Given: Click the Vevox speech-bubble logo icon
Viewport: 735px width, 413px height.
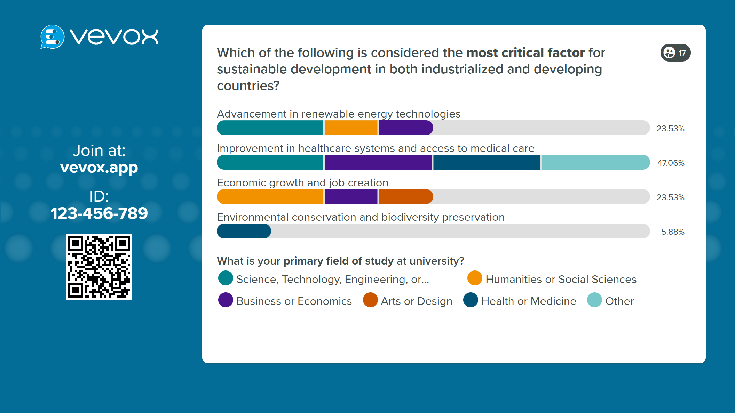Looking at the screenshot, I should coord(52,37).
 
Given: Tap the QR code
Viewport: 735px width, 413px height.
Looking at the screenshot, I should coord(99,267).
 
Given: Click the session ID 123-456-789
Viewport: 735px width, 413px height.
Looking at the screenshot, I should coord(99,213).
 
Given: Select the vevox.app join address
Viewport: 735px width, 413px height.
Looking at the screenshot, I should coord(99,168).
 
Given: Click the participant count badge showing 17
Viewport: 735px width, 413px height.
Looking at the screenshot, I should coord(675,53).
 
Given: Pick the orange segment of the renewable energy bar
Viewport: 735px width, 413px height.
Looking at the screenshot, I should coord(351,128).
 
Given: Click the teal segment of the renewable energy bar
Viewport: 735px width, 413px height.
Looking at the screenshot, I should coord(270,128).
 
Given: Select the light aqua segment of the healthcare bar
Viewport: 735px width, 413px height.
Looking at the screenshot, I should coord(595,162).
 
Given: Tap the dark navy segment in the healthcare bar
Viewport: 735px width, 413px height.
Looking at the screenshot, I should coord(487,162).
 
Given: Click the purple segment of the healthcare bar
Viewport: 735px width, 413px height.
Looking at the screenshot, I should coord(378,162).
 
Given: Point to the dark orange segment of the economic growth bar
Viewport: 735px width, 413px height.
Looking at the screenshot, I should coord(406,197).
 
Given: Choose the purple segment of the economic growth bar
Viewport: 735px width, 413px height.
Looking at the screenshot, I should coord(351,197).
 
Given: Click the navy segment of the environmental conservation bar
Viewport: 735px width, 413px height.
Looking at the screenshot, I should coord(244,231).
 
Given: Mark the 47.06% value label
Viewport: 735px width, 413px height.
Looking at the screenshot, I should coord(671,163).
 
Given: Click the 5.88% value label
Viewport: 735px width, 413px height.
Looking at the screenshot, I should coord(672,232).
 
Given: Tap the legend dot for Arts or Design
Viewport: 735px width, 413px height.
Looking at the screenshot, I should coord(370,300).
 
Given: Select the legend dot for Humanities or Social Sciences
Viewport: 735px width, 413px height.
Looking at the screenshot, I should coord(475,278).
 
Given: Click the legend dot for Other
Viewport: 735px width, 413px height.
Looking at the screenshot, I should coord(594,300).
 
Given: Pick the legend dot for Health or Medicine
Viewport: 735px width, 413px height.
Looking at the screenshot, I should coord(471,300).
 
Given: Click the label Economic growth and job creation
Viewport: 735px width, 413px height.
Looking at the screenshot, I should coord(302,183).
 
